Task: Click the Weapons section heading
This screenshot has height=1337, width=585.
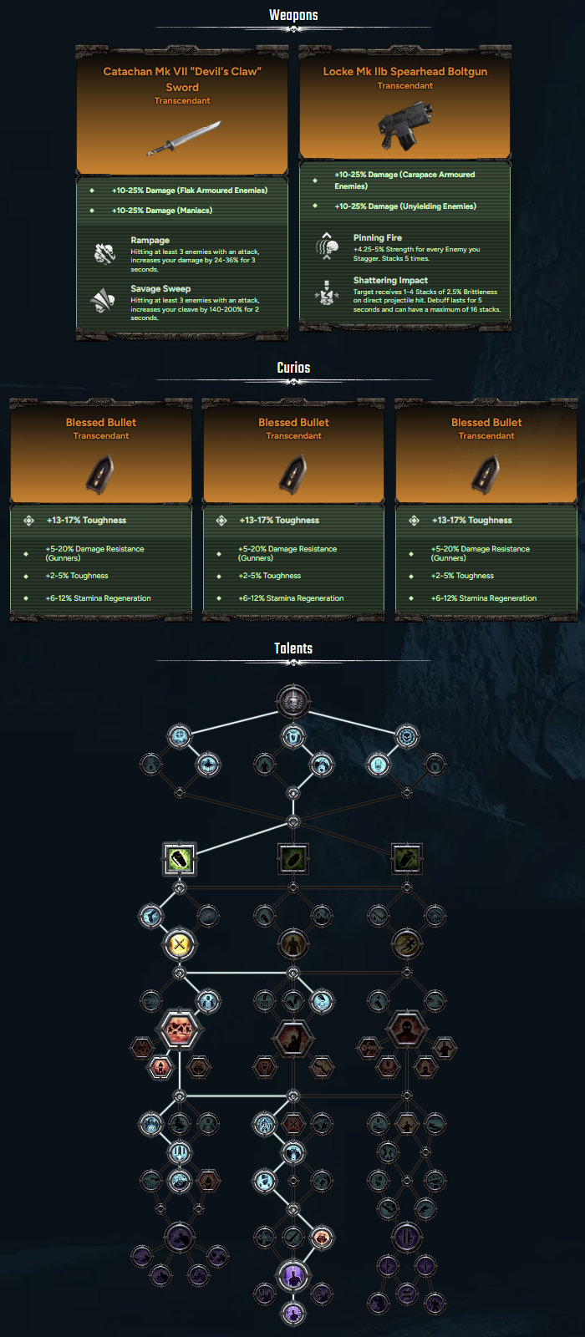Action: (x=293, y=16)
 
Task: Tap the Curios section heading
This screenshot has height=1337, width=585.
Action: (x=293, y=368)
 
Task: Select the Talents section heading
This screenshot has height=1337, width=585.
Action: (x=293, y=648)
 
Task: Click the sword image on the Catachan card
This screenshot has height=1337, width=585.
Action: (x=184, y=138)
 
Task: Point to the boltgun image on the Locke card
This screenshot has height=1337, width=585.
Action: (x=405, y=125)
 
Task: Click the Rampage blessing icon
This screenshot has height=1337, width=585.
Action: (x=104, y=253)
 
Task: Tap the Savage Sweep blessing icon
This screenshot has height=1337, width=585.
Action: (x=103, y=300)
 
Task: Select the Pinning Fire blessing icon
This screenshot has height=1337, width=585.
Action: (x=327, y=246)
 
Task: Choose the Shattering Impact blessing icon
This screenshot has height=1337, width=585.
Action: (x=327, y=292)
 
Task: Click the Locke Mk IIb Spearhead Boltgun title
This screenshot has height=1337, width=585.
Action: (x=405, y=72)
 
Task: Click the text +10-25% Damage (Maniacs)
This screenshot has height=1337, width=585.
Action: (x=162, y=210)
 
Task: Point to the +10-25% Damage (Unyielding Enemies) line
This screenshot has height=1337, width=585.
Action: (x=405, y=206)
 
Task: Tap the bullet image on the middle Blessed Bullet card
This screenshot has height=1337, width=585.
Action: (x=293, y=475)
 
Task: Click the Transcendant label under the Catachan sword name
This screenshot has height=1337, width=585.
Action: (x=182, y=101)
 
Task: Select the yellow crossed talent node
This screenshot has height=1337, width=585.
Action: (x=179, y=944)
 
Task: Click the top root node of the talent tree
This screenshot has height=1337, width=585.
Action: (x=293, y=701)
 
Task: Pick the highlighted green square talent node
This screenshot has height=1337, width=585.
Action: (x=179, y=859)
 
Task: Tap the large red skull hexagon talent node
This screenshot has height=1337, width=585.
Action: (x=179, y=1029)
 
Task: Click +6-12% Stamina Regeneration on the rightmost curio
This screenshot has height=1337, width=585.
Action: (x=484, y=598)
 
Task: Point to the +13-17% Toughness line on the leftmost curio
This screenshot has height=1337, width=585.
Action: (x=87, y=521)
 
